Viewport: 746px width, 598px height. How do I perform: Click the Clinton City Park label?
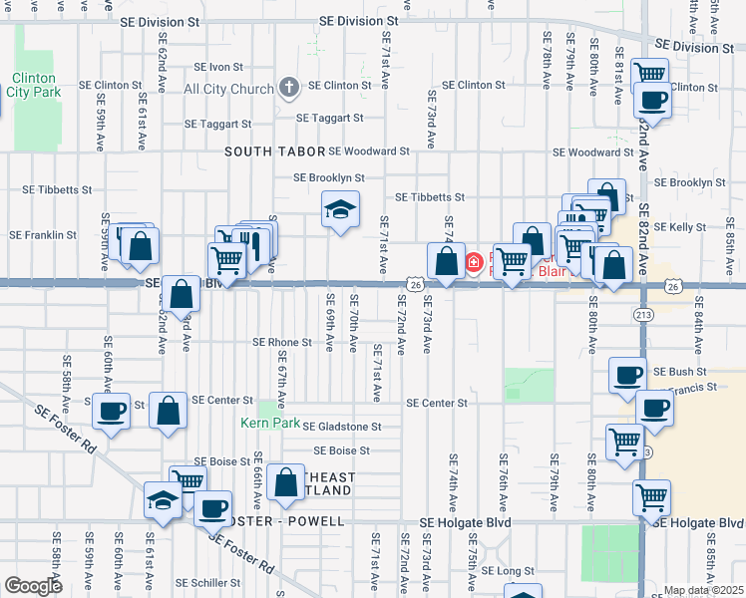pos(36,85)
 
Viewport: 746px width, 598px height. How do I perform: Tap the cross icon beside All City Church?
pos(289,89)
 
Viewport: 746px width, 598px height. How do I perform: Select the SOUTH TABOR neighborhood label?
pos(274,151)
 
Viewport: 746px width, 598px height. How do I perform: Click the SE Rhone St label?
pos(281,342)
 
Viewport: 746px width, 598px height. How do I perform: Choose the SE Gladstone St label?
pos(342,427)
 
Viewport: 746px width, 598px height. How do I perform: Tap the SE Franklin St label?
pos(43,235)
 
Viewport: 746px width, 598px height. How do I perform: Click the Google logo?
pos(33,585)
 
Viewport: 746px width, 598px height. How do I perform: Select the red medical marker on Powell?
pos(474,264)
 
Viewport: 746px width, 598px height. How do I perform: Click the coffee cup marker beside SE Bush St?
pos(627,375)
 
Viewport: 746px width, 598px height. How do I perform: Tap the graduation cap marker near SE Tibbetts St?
pos(340,209)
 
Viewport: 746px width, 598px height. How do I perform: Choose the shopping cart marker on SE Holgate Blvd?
pos(650,495)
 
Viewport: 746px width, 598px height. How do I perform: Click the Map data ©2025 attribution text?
pos(703,590)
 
